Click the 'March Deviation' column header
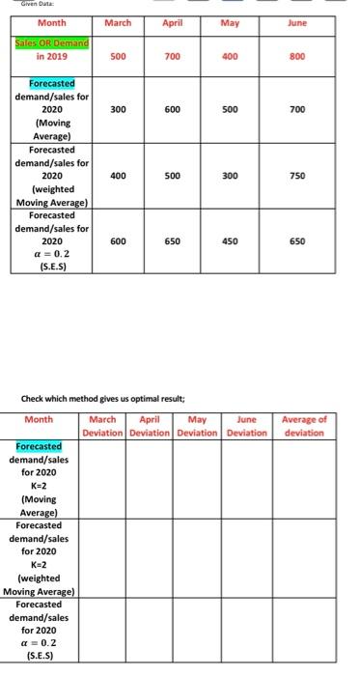(102, 425)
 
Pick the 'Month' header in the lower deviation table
(39, 420)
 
